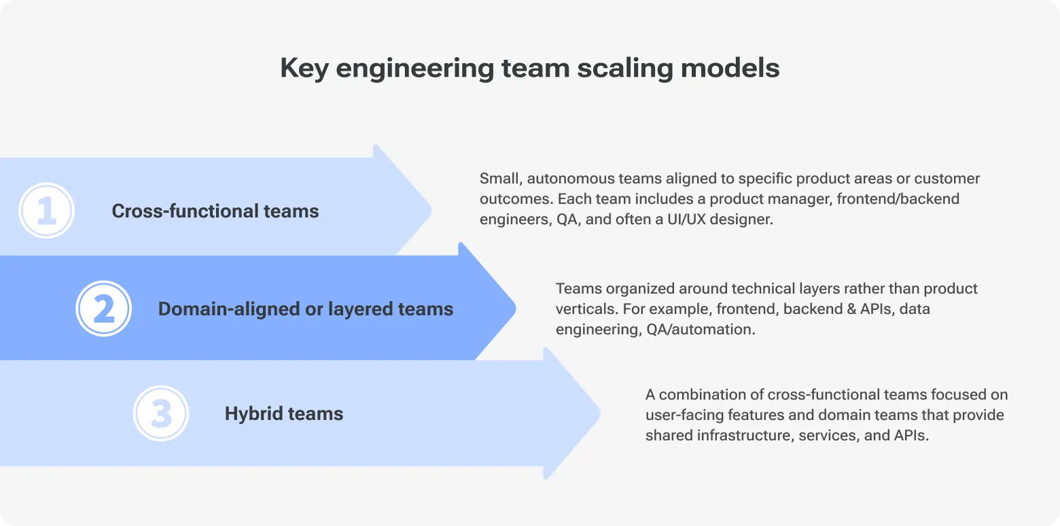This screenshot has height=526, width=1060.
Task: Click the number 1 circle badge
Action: [46, 211]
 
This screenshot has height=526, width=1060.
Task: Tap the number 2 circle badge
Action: [103, 309]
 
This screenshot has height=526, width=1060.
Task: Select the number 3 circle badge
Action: [161, 413]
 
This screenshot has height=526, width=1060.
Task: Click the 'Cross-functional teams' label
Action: [215, 211]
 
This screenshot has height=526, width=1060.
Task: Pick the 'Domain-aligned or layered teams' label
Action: [305, 309]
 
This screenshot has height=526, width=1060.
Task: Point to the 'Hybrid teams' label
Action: [283, 413]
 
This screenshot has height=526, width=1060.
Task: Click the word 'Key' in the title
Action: [303, 69]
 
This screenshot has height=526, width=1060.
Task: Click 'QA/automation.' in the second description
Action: [701, 329]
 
